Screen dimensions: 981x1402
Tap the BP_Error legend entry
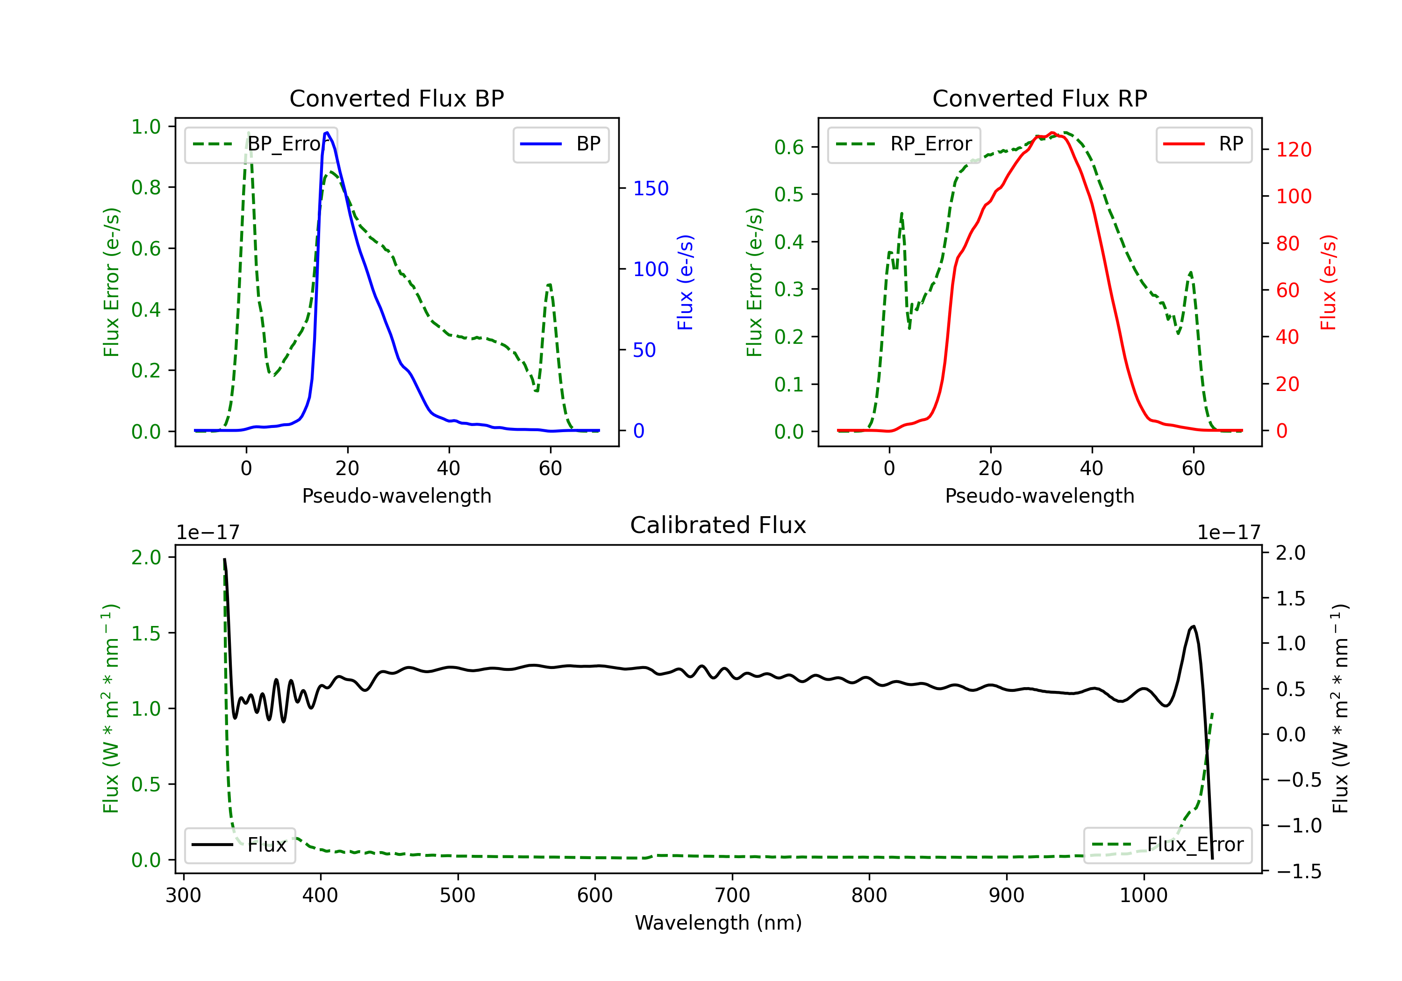tap(261, 144)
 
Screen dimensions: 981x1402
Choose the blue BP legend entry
tap(560, 144)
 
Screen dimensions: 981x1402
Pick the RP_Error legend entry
tap(904, 144)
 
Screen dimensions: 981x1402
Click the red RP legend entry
tap(1203, 144)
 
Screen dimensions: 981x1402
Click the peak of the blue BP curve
tap(327, 133)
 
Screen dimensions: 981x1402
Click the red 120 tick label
tap(1293, 149)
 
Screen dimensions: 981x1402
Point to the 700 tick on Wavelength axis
tap(732, 895)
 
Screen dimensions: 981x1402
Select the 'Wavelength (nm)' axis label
tap(718, 923)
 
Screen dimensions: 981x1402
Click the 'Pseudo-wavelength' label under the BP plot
tap(396, 496)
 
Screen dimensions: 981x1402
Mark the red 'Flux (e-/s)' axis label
tap(1328, 282)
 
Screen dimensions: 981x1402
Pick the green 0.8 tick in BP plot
tap(146, 187)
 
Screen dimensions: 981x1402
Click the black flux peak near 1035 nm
tap(1193, 626)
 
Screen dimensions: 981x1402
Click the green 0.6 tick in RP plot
tap(788, 147)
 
